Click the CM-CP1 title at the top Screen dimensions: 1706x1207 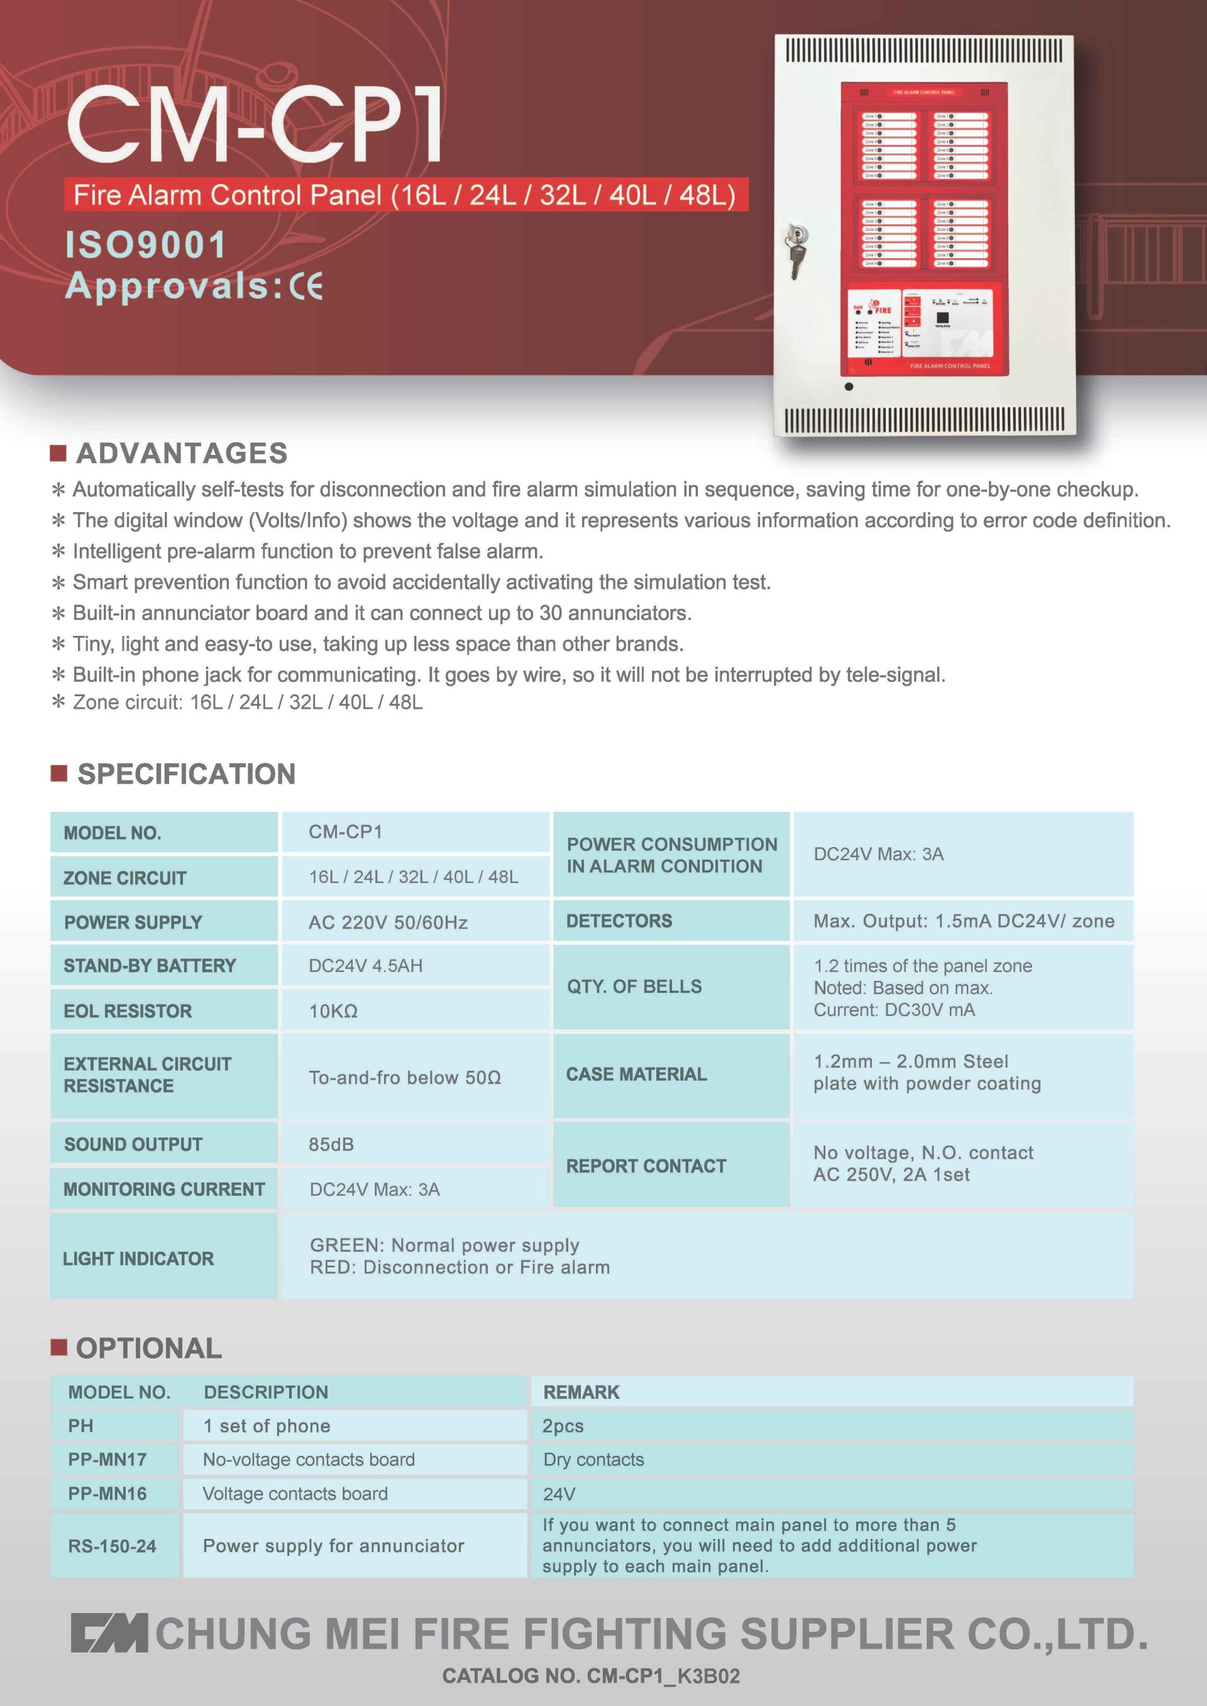point(255,123)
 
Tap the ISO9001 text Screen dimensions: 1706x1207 point(146,245)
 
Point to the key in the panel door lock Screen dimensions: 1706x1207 point(795,253)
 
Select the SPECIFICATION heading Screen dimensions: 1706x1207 point(186,774)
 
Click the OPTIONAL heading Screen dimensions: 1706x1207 point(148,1348)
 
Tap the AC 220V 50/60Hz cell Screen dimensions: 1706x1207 point(388,922)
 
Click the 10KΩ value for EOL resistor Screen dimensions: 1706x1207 point(333,1010)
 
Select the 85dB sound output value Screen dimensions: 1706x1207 point(331,1144)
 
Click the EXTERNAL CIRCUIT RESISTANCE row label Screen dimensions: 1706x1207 point(147,1074)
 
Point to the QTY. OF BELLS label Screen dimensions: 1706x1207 point(634,986)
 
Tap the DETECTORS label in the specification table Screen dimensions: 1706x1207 point(619,921)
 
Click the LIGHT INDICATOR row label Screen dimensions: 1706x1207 point(138,1258)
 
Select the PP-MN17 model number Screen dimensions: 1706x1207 point(107,1459)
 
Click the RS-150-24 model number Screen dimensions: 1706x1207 point(113,1546)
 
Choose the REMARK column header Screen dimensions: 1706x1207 point(581,1392)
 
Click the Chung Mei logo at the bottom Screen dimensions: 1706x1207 point(109,1633)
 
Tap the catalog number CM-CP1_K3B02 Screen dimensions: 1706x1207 point(591,1676)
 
